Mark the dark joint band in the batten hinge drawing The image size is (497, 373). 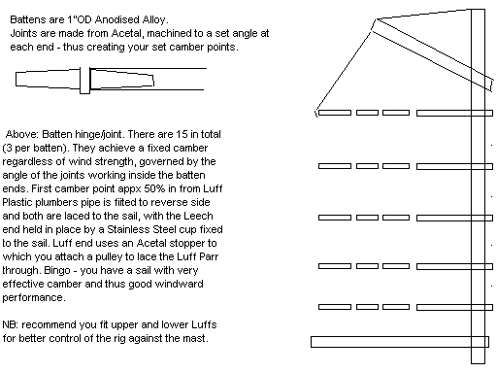[86, 77]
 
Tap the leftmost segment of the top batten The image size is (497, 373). [333, 114]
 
